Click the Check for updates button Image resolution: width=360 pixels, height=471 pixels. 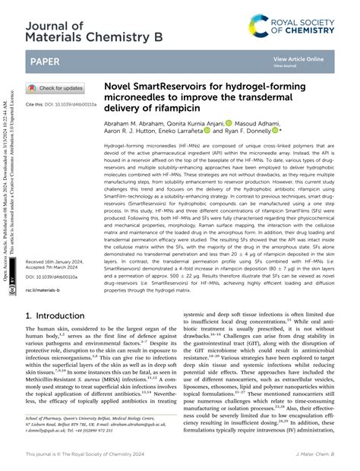[57, 88]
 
